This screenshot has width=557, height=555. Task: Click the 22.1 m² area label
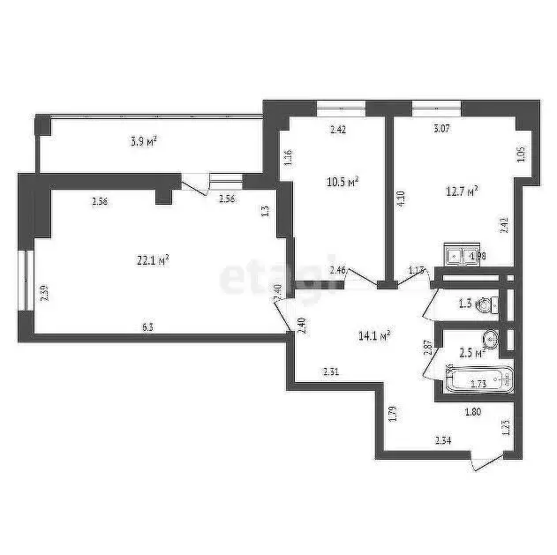152,259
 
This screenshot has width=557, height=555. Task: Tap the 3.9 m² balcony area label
144,140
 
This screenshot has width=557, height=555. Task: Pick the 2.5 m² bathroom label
473,353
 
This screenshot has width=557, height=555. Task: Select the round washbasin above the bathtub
492,339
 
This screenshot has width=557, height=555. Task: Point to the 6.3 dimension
148,326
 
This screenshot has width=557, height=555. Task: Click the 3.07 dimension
440,130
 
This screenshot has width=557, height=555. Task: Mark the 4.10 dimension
401,199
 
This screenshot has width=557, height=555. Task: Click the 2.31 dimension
331,371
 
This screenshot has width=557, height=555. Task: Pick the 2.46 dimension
337,270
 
